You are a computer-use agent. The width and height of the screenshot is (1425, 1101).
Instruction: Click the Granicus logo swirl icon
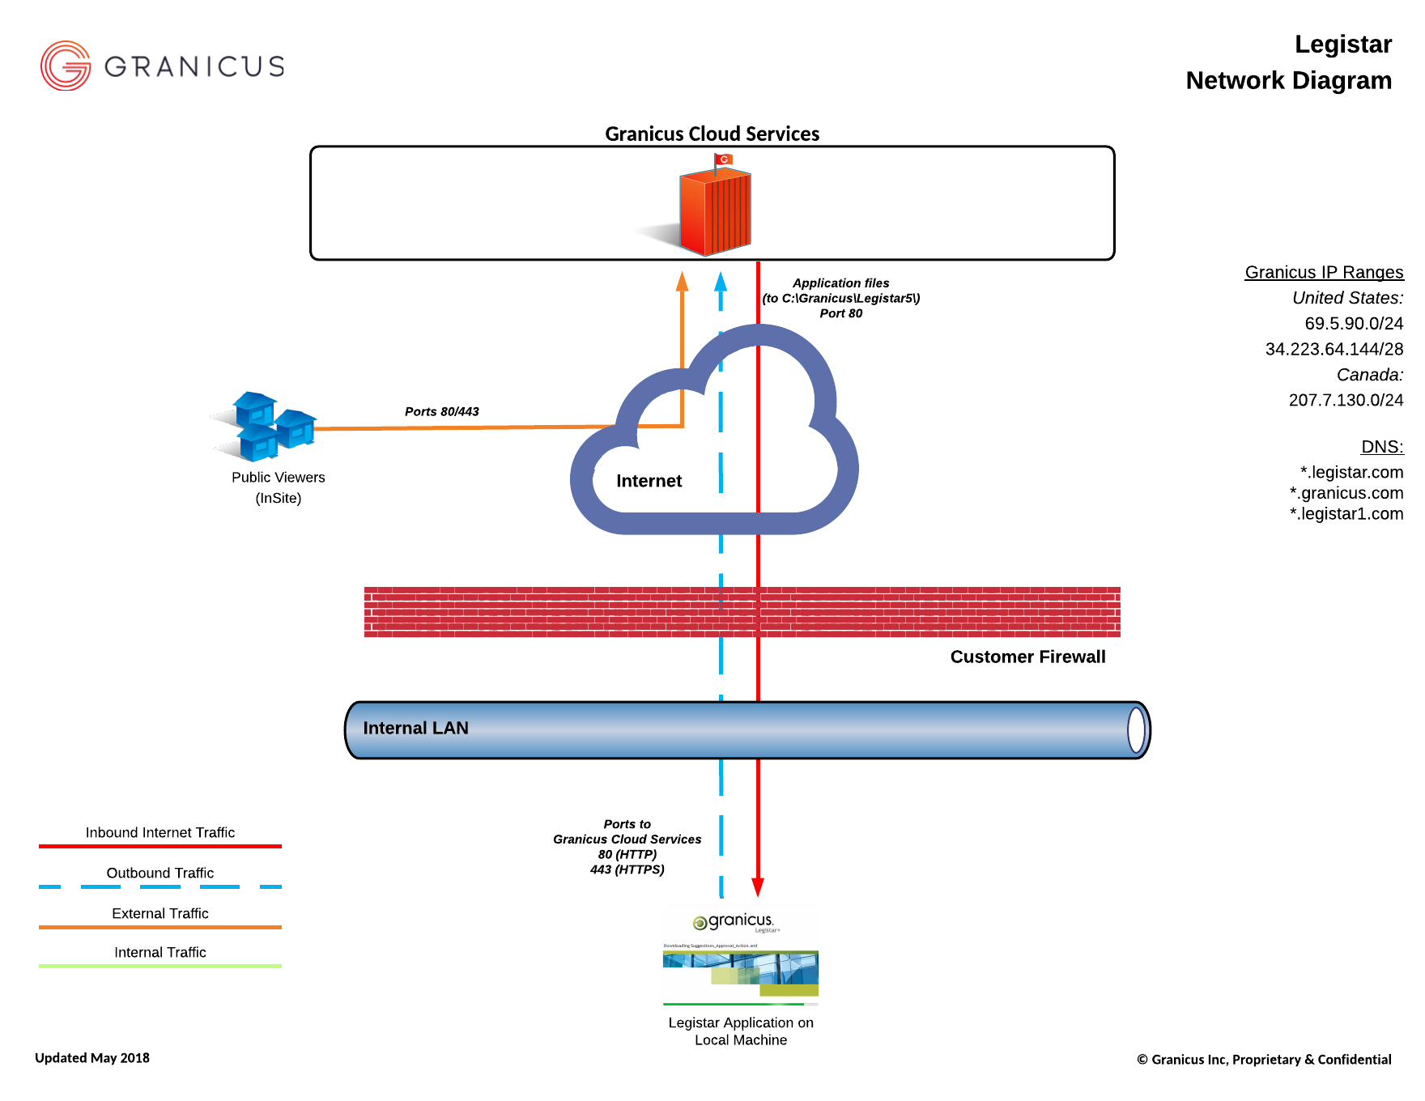66,66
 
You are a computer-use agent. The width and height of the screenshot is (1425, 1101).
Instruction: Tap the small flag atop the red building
723,159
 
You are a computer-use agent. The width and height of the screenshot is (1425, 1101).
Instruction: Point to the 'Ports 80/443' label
441,411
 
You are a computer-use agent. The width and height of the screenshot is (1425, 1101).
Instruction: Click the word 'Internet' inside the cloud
649,481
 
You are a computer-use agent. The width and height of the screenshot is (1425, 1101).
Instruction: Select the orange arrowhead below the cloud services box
682,281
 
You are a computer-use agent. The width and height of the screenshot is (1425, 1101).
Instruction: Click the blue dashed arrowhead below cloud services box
721,281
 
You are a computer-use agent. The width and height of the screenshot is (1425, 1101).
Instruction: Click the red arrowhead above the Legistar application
758,887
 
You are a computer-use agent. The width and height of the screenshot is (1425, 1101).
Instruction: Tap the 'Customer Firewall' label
1027,657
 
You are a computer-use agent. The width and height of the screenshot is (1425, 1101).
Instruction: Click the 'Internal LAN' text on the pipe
415,728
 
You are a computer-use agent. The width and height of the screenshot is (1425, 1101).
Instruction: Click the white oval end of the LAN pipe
1136,729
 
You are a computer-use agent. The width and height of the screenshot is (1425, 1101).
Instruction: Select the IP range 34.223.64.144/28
1334,349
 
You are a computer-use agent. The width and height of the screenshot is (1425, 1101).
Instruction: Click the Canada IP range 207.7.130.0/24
1345,400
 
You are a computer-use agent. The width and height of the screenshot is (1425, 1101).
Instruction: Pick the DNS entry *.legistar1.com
1346,513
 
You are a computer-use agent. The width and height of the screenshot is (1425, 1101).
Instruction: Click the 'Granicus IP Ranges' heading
1324,272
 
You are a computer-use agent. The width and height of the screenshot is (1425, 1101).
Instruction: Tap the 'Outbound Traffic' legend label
160,873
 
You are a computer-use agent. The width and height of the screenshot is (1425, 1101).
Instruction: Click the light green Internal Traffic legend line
160,966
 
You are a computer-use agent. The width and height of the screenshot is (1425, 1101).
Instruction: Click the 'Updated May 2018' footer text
92,1057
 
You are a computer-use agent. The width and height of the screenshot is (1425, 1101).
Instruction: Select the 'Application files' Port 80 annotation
840,298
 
